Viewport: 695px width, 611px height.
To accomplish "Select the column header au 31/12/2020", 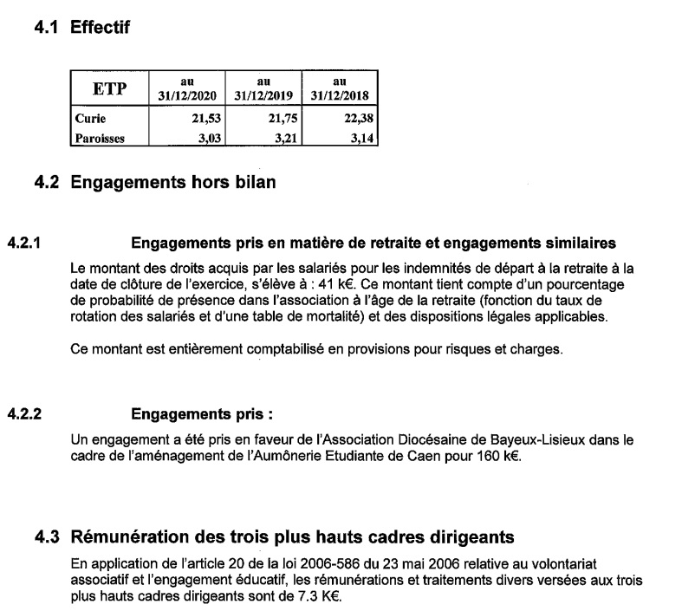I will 185,88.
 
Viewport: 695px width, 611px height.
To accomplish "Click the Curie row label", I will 89,119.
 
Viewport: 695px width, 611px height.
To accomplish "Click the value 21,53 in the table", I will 204,119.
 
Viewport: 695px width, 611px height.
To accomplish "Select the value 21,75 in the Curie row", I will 282,119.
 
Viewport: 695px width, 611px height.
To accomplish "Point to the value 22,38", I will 360,119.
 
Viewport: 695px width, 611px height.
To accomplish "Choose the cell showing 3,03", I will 207,136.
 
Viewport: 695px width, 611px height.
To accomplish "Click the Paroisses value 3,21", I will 285,136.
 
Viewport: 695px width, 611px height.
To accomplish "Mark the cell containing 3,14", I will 363,136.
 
